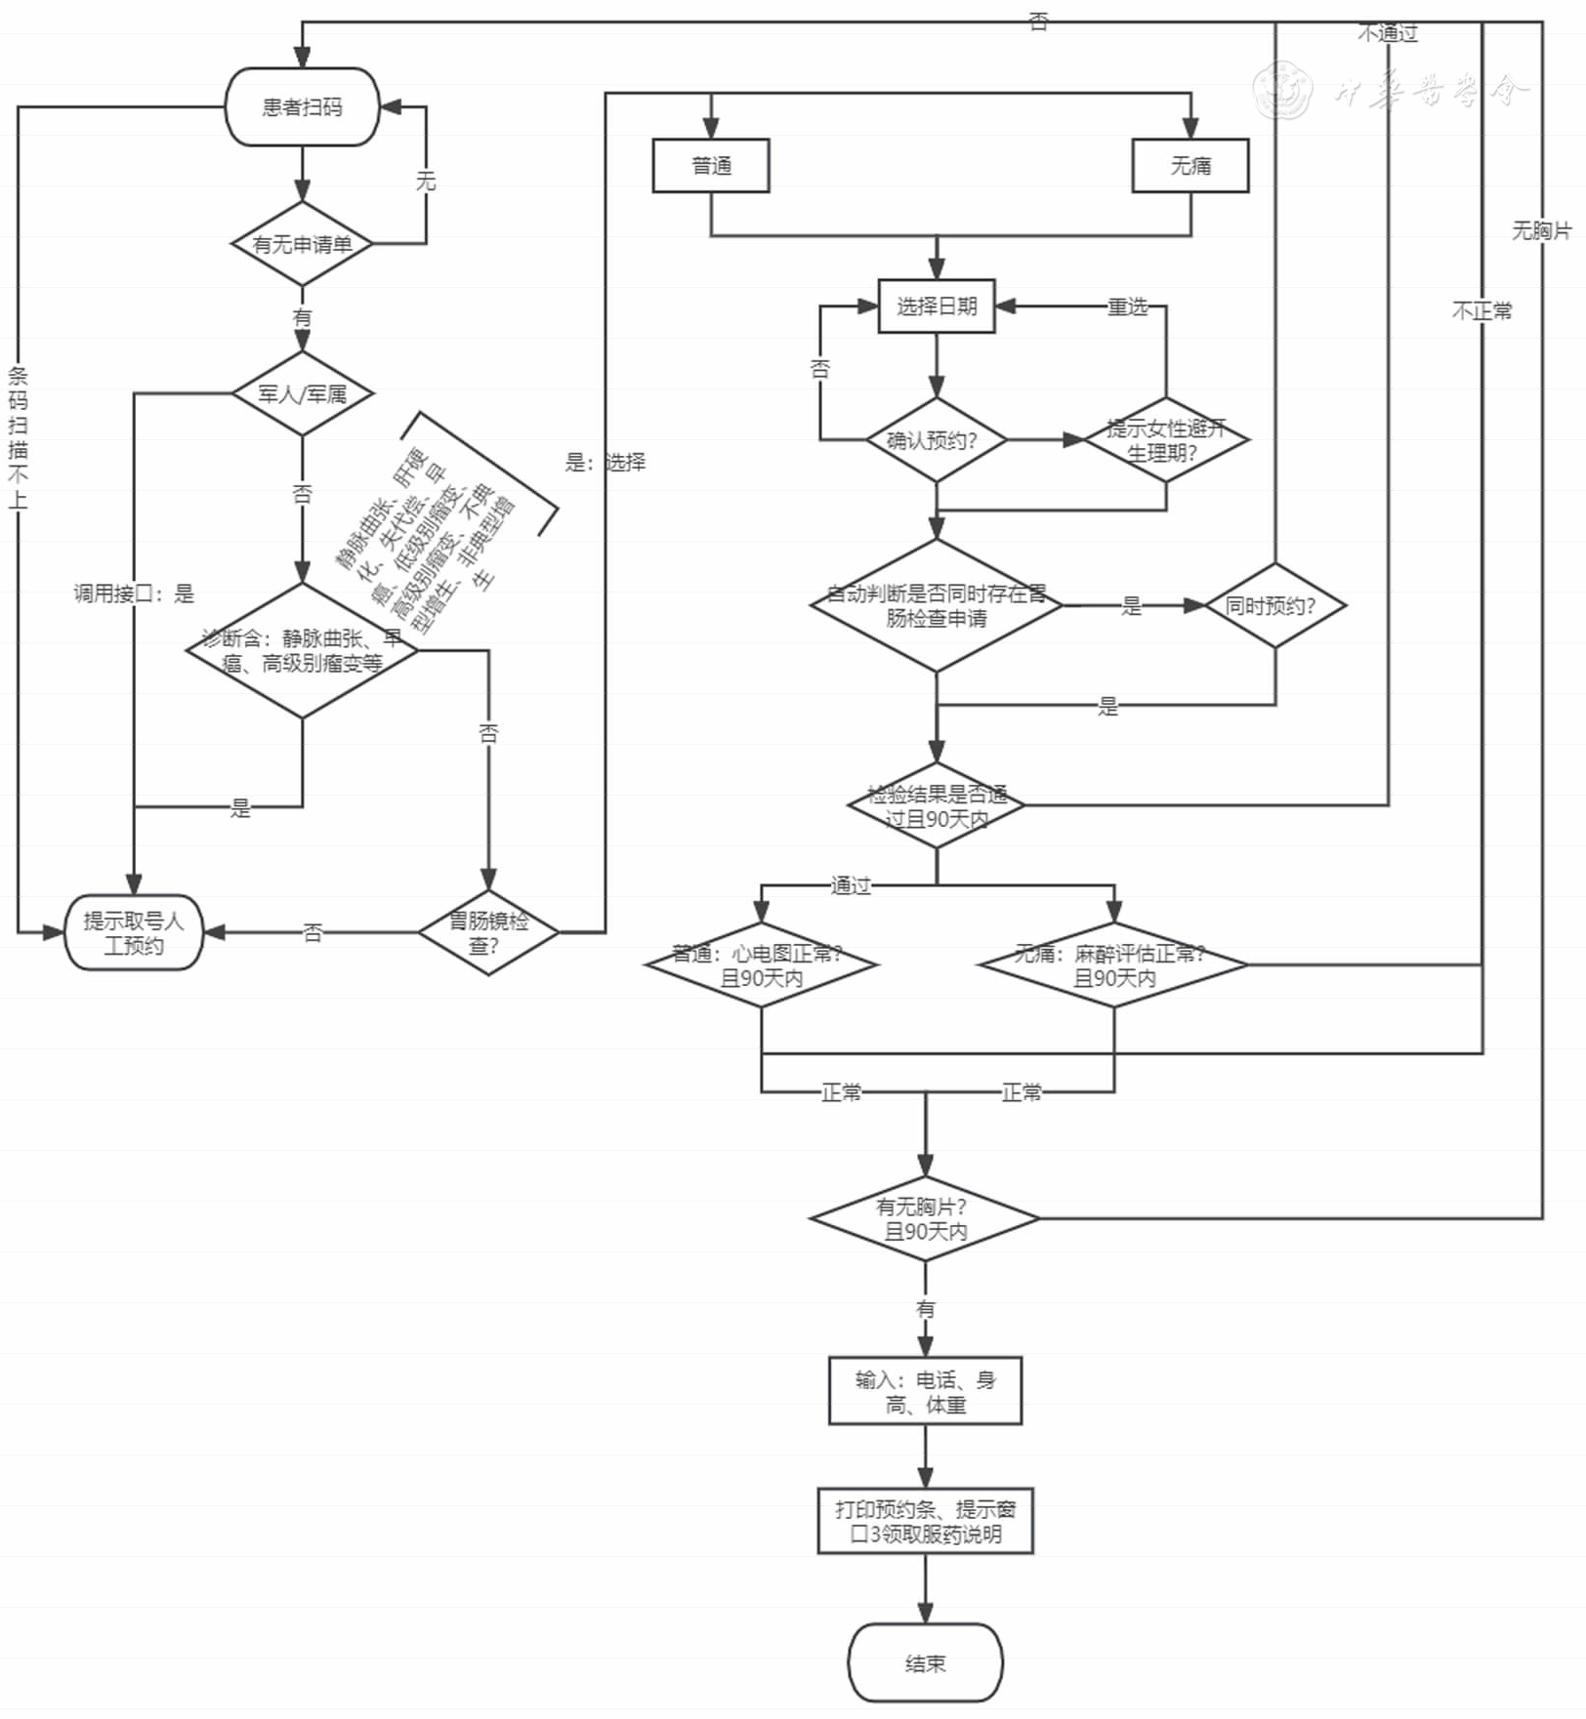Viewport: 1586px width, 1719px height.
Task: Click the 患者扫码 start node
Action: [302, 107]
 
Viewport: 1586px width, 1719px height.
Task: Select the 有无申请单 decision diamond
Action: [302, 244]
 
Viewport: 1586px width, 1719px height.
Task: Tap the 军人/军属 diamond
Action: [302, 394]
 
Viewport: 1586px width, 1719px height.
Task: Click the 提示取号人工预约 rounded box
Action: [134, 933]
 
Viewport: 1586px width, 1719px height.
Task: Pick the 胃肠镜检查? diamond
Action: [488, 933]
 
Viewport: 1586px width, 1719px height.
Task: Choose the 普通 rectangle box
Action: [711, 166]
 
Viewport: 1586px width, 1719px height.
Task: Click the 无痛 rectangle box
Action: [1190, 166]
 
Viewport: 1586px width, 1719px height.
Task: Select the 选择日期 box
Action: [937, 307]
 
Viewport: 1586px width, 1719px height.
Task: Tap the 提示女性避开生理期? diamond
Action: [1165, 440]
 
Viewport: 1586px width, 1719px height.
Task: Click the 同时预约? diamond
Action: [1274, 605]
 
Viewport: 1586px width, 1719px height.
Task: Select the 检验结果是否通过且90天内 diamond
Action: [937, 806]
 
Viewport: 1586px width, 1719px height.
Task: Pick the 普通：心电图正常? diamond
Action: [762, 965]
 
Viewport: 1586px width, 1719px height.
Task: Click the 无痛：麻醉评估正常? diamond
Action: [1114, 965]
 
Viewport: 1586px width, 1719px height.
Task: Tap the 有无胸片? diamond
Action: [925, 1219]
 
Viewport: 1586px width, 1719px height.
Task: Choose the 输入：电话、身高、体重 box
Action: [925, 1391]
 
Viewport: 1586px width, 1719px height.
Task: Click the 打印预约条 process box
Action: [925, 1521]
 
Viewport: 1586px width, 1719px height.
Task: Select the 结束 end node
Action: [925, 1663]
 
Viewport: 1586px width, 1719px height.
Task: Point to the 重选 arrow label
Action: [1128, 307]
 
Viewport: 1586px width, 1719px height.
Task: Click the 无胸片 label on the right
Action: [1542, 230]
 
